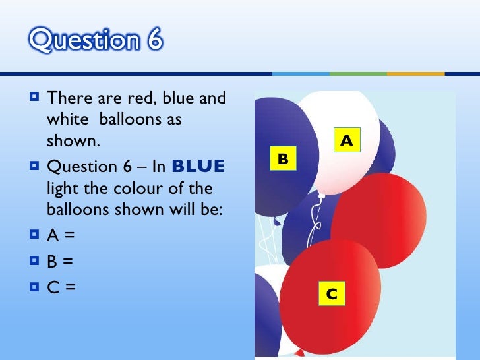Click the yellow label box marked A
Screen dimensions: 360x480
pos(347,141)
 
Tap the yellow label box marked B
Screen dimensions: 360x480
pos(283,159)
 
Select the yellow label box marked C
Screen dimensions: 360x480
pos(332,294)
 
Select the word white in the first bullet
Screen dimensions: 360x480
pos(69,121)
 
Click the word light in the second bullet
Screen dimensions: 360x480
pos(63,189)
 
